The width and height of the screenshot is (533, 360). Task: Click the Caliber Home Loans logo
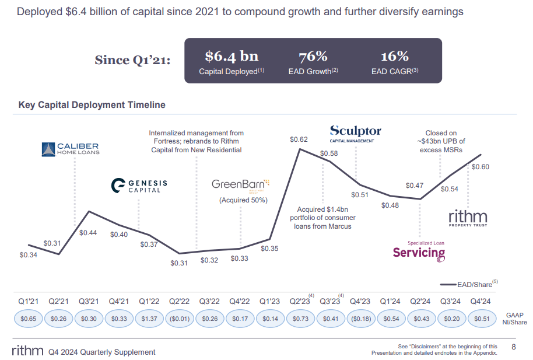tap(70, 149)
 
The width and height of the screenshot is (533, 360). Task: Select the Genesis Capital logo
tap(139, 186)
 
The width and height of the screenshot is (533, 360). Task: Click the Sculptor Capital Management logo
tap(355, 132)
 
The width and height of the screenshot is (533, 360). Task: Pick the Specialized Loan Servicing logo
tap(418, 250)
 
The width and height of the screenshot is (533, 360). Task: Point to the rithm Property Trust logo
tap(468, 219)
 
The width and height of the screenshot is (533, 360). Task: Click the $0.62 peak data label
tap(299, 140)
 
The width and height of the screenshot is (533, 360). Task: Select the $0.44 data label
tap(88, 232)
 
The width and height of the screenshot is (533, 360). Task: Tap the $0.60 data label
tap(480, 167)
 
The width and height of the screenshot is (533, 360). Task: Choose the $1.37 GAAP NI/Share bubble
tap(149, 319)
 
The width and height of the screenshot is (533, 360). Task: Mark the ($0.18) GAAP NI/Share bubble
tap(360, 319)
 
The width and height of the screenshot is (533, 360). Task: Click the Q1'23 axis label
tap(269, 302)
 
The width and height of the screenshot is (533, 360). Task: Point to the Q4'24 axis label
tap(481, 302)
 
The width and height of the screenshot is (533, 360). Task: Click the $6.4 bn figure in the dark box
tap(232, 57)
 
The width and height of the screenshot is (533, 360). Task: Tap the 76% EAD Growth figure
tap(313, 57)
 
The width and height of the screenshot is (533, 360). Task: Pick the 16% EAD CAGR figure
tap(395, 57)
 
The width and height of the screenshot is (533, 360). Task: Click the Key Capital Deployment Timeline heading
tap(92, 105)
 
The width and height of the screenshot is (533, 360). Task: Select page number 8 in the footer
tap(514, 347)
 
